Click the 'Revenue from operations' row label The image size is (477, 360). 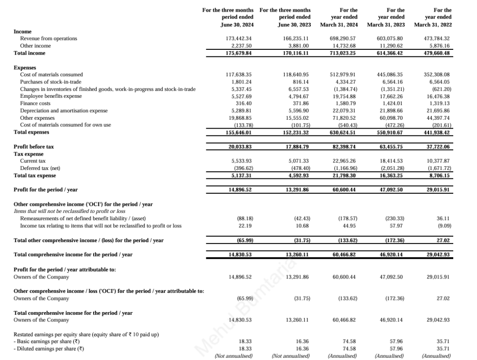click(48, 38)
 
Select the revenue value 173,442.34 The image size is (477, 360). click(238, 38)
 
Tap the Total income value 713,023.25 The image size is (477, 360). click(342, 53)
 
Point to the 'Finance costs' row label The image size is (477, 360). click(35, 103)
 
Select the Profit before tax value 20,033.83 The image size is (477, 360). click(238, 147)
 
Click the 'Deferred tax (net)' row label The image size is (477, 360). click(40, 168)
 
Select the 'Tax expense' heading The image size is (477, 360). click(29, 154)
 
